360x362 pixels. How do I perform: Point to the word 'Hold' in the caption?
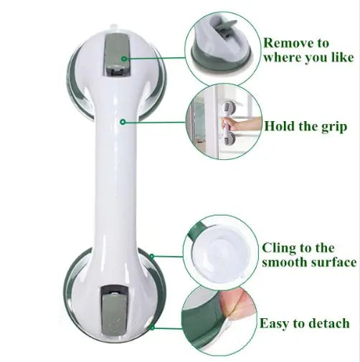(280, 127)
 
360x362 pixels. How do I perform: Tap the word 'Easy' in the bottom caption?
(274, 323)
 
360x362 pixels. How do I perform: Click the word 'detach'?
(326, 323)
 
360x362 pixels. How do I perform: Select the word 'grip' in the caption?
(333, 128)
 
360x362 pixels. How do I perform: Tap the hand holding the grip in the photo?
(237, 129)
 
